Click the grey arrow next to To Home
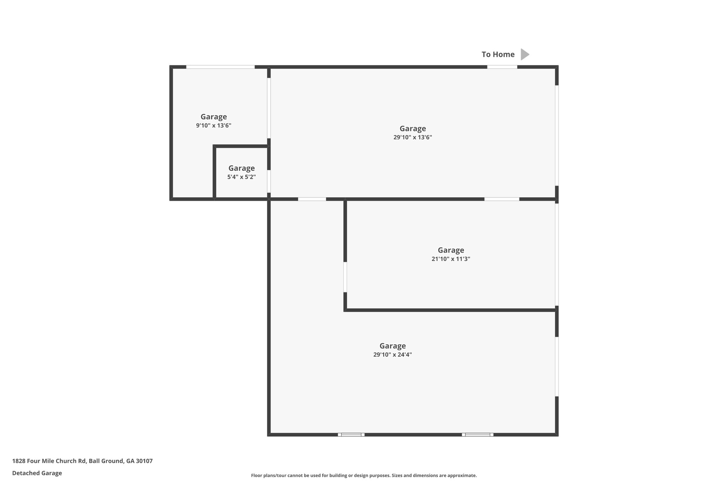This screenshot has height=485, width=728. [525, 54]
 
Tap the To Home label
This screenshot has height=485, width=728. [498, 54]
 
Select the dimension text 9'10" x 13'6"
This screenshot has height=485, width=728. [214, 125]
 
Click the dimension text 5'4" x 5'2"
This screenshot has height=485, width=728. [241, 177]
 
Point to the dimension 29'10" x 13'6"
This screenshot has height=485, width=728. [412, 138]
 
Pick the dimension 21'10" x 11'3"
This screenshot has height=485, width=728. [451, 259]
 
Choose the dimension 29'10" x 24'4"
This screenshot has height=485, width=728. [392, 355]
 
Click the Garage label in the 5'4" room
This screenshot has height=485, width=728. [241, 168]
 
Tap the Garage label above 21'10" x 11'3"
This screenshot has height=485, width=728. [451, 250]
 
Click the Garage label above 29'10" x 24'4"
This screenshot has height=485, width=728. [392, 346]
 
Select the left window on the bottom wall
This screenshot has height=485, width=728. [351, 435]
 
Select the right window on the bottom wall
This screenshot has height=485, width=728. [477, 435]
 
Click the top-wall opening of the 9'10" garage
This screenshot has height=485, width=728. [220, 67]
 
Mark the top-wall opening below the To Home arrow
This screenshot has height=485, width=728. [502, 67]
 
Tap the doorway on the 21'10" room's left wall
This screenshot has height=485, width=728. [345, 277]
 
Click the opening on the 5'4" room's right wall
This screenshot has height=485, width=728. [269, 181]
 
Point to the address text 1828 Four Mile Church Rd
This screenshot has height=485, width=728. [82, 461]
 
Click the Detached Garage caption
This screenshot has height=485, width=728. [37, 473]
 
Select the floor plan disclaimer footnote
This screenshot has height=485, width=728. [364, 475]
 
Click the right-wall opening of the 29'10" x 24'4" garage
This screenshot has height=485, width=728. [557, 366]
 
